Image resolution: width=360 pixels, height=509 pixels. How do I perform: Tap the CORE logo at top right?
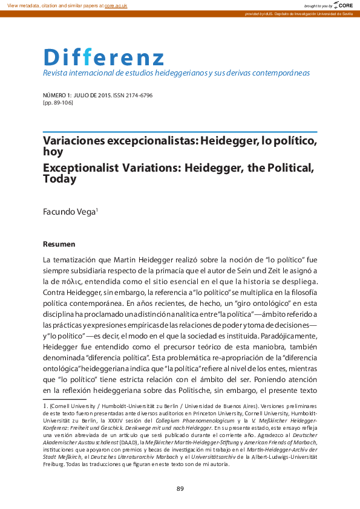click(343, 5)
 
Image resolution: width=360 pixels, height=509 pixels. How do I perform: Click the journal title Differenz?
click(103, 57)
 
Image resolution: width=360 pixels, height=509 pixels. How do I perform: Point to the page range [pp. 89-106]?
click(59, 103)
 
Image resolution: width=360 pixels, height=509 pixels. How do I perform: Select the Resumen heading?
click(59, 244)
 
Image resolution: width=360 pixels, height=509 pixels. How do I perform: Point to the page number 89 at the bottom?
click(180, 488)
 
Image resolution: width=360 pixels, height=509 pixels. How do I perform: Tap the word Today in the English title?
click(59, 179)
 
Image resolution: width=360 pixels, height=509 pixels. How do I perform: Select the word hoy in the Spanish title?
click(53, 152)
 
